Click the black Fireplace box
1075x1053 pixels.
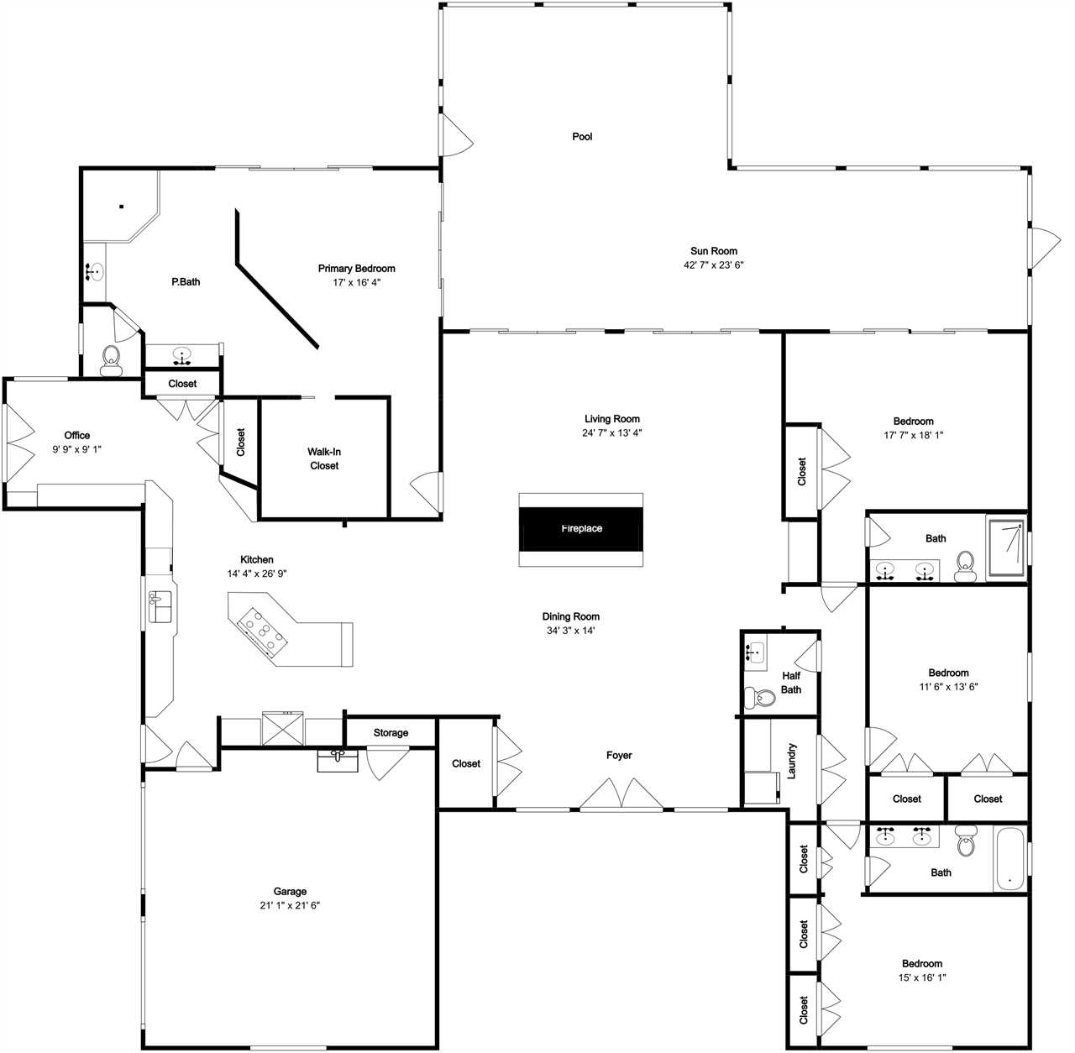(x=580, y=528)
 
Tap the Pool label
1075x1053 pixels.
(x=582, y=137)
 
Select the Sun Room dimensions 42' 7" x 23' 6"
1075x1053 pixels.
(x=714, y=265)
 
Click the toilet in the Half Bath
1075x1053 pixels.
(x=760, y=697)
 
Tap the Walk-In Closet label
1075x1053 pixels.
(x=324, y=458)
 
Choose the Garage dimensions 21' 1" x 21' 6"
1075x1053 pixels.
(x=290, y=905)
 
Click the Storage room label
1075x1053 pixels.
(x=391, y=733)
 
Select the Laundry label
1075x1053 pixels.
(x=791, y=761)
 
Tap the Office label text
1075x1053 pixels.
(x=77, y=435)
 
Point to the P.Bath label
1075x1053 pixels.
(x=186, y=282)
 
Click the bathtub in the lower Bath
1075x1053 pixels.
(x=1009, y=859)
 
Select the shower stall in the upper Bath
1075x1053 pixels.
(x=1006, y=548)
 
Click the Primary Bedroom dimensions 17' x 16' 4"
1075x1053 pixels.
(x=356, y=282)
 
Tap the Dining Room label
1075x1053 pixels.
(x=571, y=616)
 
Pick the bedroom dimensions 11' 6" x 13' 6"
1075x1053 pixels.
(x=948, y=687)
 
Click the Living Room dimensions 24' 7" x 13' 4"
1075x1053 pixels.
(x=612, y=432)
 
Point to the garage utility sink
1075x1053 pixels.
(x=338, y=761)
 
